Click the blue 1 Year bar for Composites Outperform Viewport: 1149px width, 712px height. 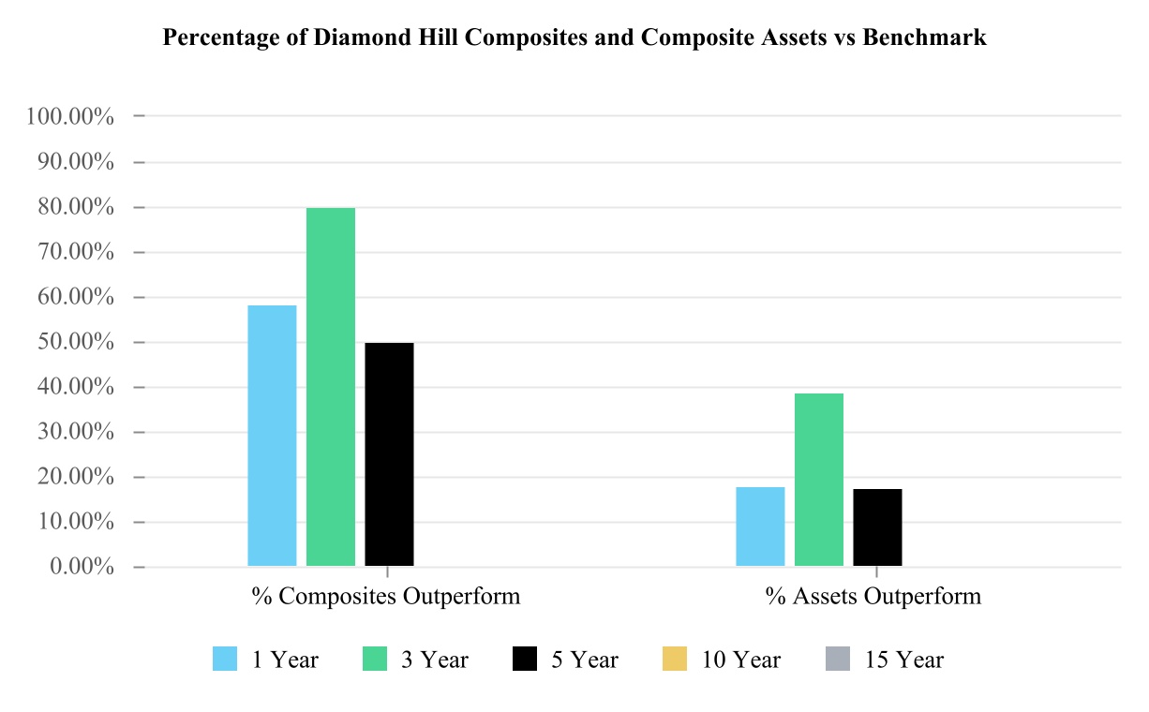[x=272, y=436]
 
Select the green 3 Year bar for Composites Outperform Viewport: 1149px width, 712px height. [x=331, y=387]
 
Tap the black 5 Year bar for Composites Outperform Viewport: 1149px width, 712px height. [x=389, y=454]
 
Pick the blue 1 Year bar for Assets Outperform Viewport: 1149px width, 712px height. [x=760, y=527]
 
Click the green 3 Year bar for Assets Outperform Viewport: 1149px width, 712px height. [x=819, y=480]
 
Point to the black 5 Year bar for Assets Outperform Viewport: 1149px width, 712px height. [x=877, y=527]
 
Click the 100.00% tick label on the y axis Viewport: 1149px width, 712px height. [x=71, y=117]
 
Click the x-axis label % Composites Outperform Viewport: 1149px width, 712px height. [x=385, y=597]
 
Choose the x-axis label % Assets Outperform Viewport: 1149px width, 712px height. [x=873, y=597]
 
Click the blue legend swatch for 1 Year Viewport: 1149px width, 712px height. [x=226, y=660]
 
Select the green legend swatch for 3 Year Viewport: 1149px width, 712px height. [x=375, y=660]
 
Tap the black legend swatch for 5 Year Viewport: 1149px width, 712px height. [x=525, y=660]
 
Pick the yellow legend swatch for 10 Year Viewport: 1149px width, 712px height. [x=675, y=660]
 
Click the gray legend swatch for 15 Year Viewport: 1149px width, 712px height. [x=838, y=660]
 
